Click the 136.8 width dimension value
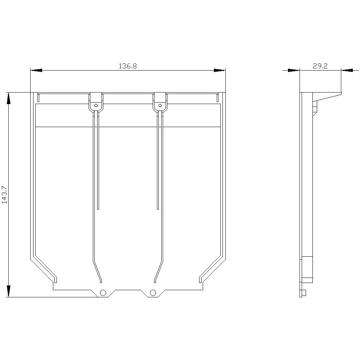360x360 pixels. (128, 66)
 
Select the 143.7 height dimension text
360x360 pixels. (4, 195)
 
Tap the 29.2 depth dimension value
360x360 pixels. (320, 66)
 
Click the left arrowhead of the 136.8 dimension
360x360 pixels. (36, 70)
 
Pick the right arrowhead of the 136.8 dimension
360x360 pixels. (219, 70)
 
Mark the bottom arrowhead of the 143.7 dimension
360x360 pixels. (8, 291)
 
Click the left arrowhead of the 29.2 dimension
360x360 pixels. (294, 70)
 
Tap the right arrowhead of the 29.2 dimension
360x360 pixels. (347, 70)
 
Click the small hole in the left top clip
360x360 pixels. (96, 105)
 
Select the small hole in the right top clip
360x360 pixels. (160, 105)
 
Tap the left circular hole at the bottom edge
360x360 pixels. (103, 292)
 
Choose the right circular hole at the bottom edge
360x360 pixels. (153, 292)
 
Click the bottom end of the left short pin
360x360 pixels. (98, 208)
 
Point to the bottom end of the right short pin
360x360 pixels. (158, 208)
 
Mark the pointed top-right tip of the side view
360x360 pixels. (341, 94)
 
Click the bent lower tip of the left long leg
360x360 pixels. (101, 281)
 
